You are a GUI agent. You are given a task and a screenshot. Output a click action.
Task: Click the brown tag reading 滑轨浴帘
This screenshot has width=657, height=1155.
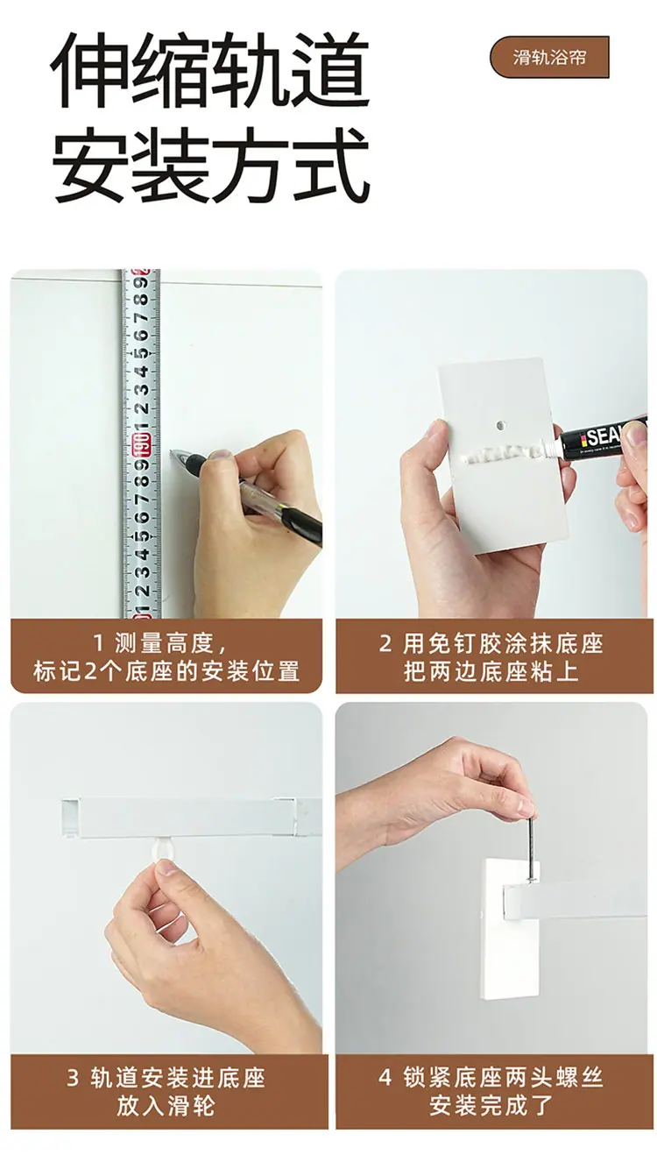point(549,57)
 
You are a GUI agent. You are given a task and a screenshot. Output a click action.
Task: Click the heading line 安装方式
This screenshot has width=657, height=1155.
point(209,165)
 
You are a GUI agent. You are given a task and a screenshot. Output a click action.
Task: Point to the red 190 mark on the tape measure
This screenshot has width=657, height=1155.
point(143,445)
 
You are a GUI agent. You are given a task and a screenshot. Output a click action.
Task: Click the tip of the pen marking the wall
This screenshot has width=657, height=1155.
point(171,452)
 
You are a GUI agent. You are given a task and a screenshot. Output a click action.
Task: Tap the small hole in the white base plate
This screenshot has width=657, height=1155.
point(499,425)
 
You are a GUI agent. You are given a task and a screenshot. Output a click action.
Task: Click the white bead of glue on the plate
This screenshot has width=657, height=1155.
point(503,453)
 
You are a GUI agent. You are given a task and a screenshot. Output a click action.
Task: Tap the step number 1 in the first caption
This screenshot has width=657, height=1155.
point(98,643)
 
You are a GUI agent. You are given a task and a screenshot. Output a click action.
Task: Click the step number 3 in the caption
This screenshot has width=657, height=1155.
point(73,1077)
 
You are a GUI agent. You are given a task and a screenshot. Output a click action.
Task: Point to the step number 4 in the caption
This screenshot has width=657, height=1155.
point(385,1077)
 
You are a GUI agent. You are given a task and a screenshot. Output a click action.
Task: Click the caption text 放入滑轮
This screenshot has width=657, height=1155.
point(166,1106)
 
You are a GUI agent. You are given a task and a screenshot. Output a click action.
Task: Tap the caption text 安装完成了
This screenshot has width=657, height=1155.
point(491,1106)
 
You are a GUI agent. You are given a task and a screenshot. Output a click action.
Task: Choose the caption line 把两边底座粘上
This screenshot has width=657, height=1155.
point(491,671)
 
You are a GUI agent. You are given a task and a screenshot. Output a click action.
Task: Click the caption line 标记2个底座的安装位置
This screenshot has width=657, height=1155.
point(166,671)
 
